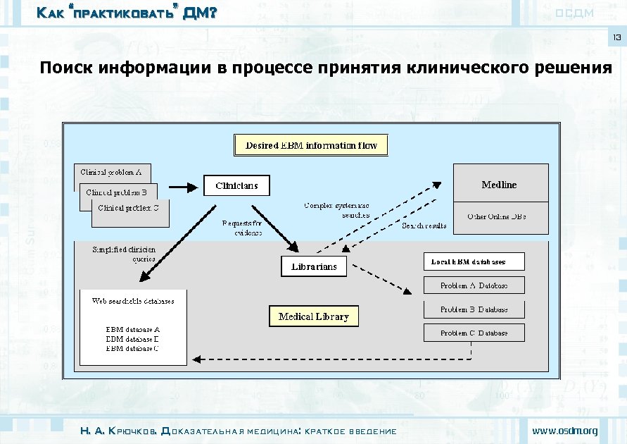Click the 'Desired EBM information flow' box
[x=311, y=146]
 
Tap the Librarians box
[x=314, y=266]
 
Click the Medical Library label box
[x=313, y=317]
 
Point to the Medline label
[x=499, y=185]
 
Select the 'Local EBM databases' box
[x=474, y=262]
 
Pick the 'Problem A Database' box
[x=474, y=286]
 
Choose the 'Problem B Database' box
[x=474, y=309]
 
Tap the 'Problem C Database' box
[x=474, y=333]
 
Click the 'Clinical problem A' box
[x=112, y=172]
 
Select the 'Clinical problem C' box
[x=132, y=209]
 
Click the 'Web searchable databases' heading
[x=133, y=301]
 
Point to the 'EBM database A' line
[x=132, y=329]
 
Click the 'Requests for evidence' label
[x=241, y=228]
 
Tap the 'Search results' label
[x=424, y=226]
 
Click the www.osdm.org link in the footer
[x=565, y=431]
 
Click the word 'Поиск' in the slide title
[x=68, y=68]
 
